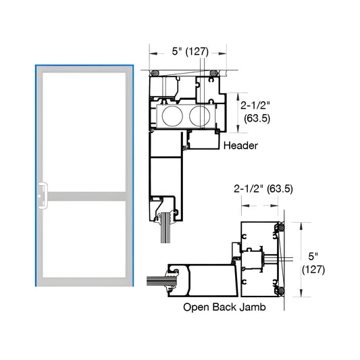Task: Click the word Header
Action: point(240,145)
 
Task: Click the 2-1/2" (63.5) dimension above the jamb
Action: point(263,188)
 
